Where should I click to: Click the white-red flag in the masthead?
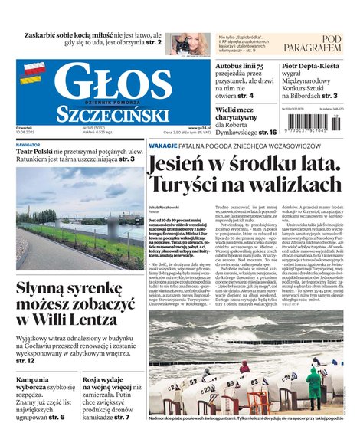[31, 74]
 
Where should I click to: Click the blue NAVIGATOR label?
[28, 144]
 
